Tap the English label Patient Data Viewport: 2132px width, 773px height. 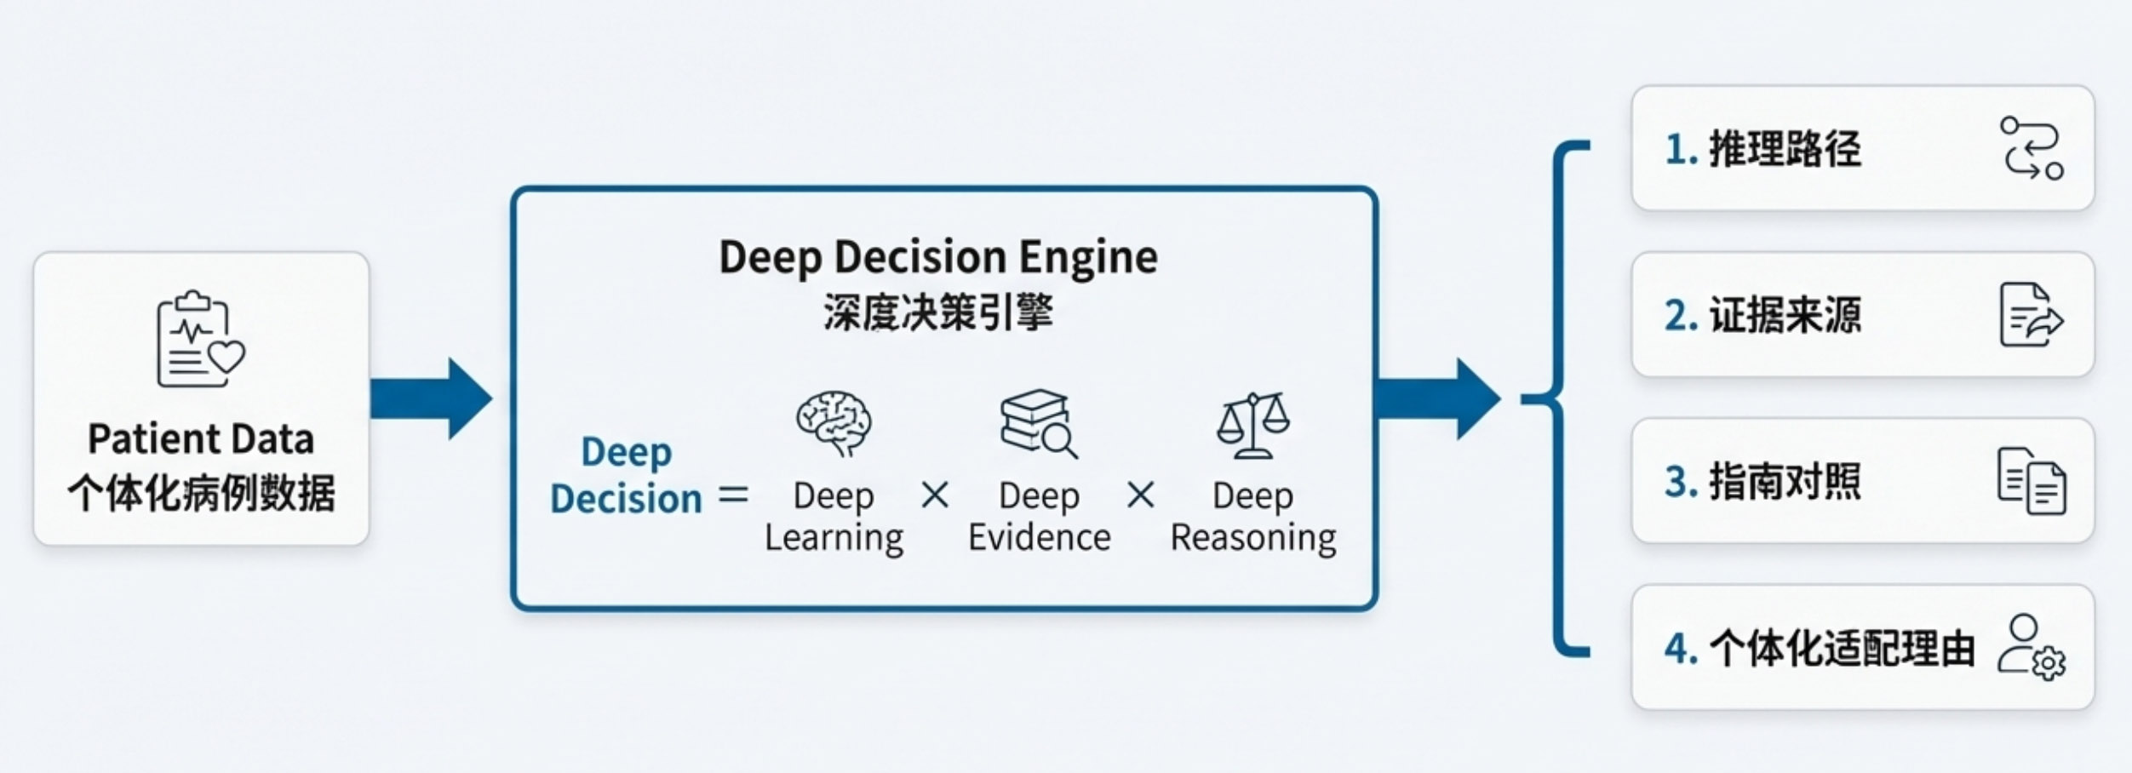[201, 439]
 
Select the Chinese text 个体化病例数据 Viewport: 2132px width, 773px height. [201, 493]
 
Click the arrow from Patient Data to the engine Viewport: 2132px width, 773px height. [431, 398]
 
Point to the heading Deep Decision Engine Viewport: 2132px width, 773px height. [938, 257]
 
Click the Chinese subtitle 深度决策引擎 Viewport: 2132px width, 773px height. [938, 312]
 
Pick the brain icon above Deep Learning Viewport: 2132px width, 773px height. [833, 423]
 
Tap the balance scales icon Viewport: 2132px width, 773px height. [1252, 425]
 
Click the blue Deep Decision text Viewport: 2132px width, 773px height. [626, 475]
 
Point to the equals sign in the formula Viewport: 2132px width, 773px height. [732, 495]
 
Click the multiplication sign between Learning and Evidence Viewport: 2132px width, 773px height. [935, 495]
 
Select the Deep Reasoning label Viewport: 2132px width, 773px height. [1252, 517]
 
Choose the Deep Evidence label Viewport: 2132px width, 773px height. [1039, 517]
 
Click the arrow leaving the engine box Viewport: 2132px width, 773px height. [1437, 398]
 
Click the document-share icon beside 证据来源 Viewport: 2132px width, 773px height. [2031, 315]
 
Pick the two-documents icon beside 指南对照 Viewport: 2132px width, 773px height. [2032, 481]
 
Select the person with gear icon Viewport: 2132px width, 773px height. [2032, 647]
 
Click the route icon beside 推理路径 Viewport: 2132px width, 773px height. [2032, 148]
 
